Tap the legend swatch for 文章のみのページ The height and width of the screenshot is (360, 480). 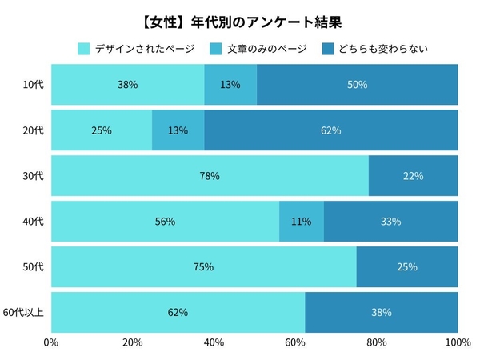218,49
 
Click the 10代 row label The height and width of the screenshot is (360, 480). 33,84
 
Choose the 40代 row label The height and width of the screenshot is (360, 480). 33,221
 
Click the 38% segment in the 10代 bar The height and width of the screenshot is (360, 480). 128,84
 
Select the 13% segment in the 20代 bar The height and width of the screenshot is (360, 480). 178,130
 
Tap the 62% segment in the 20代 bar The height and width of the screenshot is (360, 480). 331,130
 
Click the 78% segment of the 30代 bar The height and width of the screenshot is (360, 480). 210,175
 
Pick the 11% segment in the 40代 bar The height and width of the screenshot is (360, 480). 302,221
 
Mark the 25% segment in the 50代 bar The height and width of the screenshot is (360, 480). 407,266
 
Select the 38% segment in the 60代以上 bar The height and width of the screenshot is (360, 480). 382,311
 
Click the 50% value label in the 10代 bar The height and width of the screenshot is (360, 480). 358,84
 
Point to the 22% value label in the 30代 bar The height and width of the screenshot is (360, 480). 414,176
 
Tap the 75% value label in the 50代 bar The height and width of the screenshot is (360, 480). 203,267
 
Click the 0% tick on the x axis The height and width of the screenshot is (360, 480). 51,343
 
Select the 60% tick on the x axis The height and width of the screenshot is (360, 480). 295,343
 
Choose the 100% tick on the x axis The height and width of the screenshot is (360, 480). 458,343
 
